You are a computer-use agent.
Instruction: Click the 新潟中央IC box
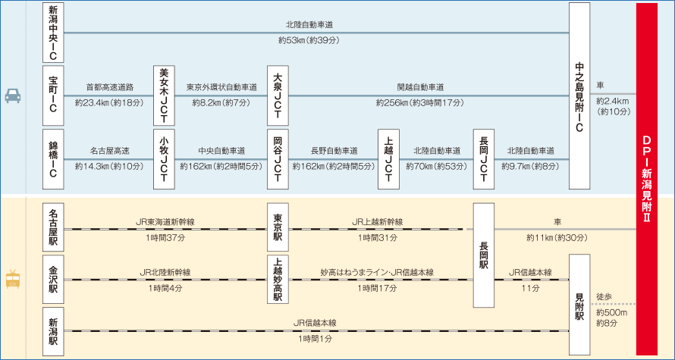pos(53,33)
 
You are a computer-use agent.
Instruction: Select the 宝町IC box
pos(53,95)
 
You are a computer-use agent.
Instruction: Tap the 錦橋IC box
pos(53,158)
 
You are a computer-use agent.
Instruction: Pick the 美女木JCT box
pos(165,95)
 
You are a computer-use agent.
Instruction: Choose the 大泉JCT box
pos(278,95)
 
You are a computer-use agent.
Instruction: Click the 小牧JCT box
pos(165,158)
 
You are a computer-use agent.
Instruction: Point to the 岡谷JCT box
pos(278,158)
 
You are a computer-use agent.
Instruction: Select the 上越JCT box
pos(388,158)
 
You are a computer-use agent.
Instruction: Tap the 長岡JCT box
pos(484,158)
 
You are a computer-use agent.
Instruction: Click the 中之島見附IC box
pos(579,95)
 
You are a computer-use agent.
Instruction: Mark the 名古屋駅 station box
pos(53,228)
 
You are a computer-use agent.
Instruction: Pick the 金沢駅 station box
pos(53,280)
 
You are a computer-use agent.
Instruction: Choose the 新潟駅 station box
pos(53,331)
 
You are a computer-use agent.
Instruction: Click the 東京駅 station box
pos(278,228)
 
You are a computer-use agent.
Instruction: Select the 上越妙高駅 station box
pos(278,280)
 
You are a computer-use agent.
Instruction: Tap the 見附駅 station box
pos(579,305)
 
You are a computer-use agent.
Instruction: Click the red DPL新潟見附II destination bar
pos(646,180)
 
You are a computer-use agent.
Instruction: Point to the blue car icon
pos(14,96)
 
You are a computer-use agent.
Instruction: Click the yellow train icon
pos(14,280)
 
